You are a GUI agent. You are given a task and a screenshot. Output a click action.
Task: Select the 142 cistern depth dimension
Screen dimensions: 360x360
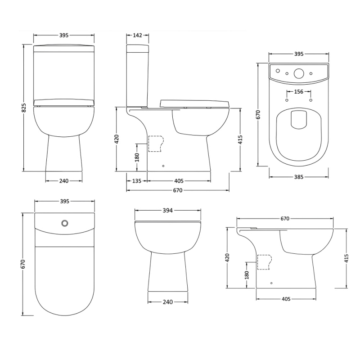tap(138, 36)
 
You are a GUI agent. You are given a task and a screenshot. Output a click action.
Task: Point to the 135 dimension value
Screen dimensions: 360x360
tap(136, 181)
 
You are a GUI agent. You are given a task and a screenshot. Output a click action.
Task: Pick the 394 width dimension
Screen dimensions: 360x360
tap(167, 210)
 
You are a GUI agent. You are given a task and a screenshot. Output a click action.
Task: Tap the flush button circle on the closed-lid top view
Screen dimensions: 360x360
tap(65, 222)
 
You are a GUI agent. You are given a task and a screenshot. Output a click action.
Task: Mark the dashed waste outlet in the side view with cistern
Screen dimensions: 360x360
tap(156, 144)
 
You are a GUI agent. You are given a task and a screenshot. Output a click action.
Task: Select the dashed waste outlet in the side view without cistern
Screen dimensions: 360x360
tap(264, 261)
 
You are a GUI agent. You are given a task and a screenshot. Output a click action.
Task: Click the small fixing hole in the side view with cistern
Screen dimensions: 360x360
tap(163, 166)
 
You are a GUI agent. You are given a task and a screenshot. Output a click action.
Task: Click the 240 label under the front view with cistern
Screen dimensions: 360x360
tap(64, 181)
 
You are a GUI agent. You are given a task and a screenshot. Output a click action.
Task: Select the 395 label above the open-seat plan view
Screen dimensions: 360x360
tap(299, 54)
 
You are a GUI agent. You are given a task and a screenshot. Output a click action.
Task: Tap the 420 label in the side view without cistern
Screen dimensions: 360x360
tap(227, 257)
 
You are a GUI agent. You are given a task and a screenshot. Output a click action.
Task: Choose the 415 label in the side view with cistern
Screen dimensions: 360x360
tap(240, 139)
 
